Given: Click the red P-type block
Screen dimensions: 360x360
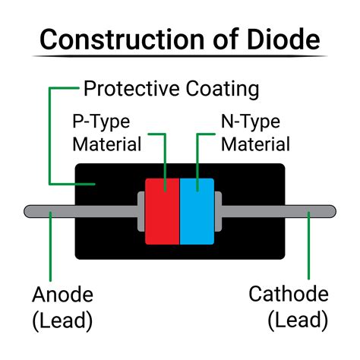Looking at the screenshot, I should coord(162,212).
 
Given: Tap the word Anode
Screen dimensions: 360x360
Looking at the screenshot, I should coord(62,295).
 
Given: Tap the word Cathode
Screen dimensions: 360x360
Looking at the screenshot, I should coord(289,295).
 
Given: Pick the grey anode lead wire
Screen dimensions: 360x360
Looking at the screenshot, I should coord(76,210).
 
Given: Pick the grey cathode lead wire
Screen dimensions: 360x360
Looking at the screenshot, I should coord(281,210).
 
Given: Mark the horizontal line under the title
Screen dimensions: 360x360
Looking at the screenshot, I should coord(180,56).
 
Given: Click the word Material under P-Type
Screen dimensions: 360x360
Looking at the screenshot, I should coord(107,144).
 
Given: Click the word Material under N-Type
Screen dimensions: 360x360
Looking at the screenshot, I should coord(255,144).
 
